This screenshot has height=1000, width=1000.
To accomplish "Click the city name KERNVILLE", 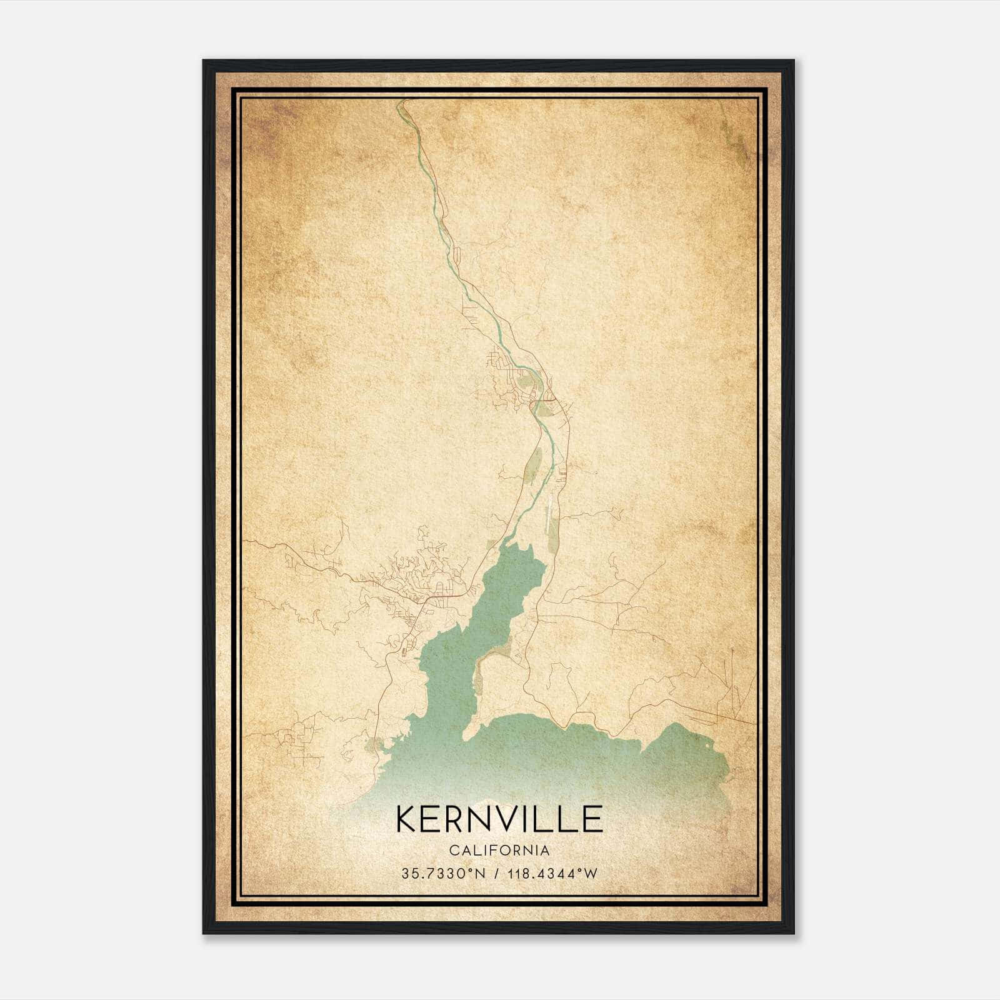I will click(x=499, y=819).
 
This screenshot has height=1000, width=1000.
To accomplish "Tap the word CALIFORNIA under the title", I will click(x=499, y=850).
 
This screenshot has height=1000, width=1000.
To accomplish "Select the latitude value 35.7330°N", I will click(x=443, y=873).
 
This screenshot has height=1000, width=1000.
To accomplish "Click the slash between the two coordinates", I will click(x=497, y=873).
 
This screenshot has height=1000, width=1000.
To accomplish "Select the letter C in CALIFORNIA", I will click(x=451, y=850).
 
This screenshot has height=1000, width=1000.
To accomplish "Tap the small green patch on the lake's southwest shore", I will click(x=374, y=745).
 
